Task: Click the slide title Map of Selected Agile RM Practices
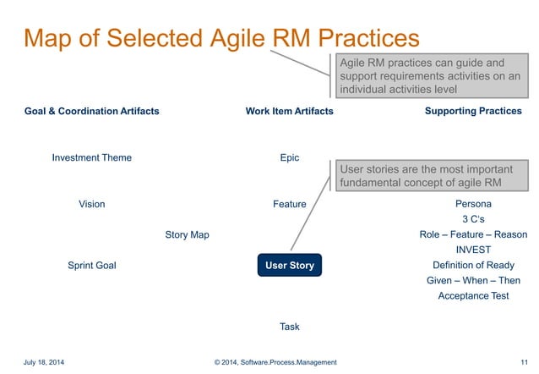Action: tap(221, 38)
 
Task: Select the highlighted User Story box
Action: tap(290, 266)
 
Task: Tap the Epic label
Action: tap(289, 158)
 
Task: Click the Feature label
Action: tap(289, 205)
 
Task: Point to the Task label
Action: tap(289, 327)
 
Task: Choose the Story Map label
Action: tap(187, 235)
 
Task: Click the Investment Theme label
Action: tap(92, 158)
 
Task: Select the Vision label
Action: tap(92, 205)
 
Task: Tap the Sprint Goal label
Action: tap(92, 266)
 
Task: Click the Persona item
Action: tap(473, 205)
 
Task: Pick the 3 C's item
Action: tap(473, 220)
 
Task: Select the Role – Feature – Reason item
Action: tap(473, 235)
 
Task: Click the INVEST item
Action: tap(473, 250)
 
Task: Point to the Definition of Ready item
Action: tap(473, 266)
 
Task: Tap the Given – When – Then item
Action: tap(473, 281)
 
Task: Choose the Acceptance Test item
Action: tap(473, 296)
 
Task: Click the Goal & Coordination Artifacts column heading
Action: tap(92, 112)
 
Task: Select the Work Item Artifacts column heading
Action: tap(289, 112)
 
